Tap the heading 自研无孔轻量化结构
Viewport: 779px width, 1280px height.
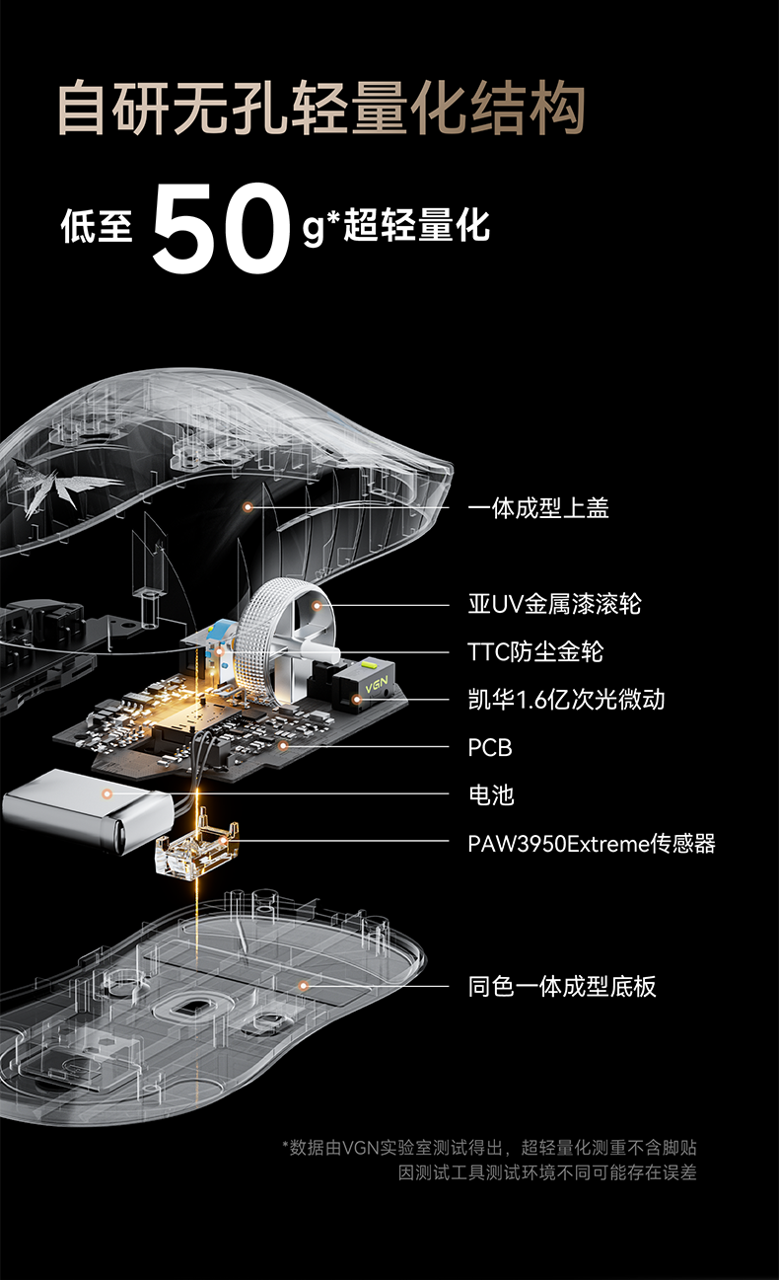[x=321, y=109]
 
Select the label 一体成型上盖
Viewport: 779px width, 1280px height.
[x=538, y=508]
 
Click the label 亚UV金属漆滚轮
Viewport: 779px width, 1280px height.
[x=554, y=603]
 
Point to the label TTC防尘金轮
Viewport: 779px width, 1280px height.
[x=535, y=651]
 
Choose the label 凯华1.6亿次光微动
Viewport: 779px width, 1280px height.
[x=566, y=700]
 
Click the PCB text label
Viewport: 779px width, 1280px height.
[x=490, y=747]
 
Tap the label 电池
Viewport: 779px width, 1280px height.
[x=491, y=795]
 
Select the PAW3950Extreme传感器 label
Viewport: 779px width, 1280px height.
[x=591, y=843]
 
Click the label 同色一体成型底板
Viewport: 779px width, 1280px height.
[x=562, y=986]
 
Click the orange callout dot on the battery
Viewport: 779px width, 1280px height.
[x=108, y=791]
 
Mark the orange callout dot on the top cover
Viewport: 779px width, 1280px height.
[x=248, y=506]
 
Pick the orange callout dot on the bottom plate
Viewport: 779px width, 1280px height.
[x=304, y=985]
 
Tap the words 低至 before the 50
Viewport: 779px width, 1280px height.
[x=96, y=227]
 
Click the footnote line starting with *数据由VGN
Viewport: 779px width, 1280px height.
[x=490, y=1148]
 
